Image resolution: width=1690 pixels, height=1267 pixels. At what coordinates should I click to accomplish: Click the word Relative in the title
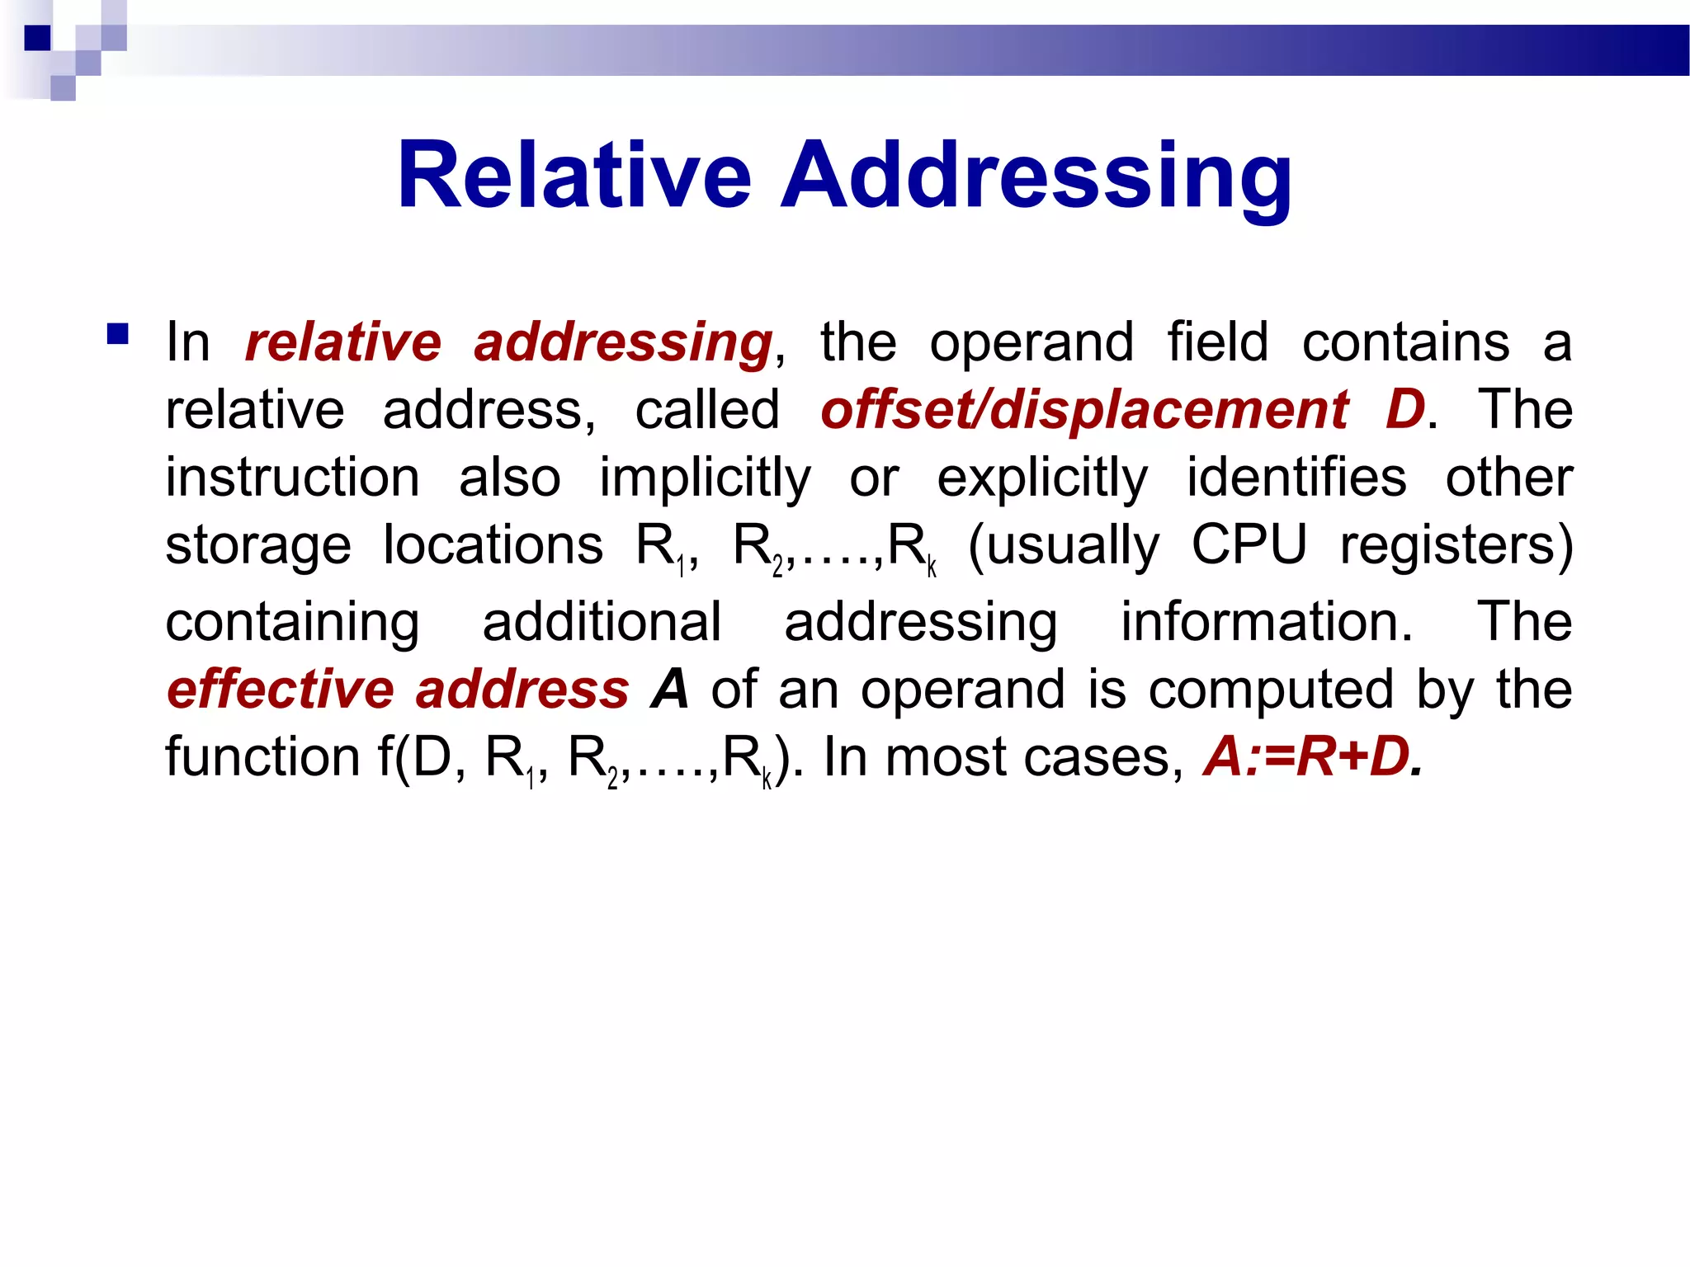point(574,176)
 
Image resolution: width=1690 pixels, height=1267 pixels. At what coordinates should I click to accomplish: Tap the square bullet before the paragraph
point(118,334)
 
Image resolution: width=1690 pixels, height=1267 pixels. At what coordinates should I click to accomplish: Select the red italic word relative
point(343,342)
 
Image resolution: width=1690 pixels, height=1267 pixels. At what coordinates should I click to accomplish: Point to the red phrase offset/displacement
point(1084,410)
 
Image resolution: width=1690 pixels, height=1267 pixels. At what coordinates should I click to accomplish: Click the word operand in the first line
point(1031,342)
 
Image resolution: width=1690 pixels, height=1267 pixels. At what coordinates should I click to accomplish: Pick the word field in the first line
point(1217,342)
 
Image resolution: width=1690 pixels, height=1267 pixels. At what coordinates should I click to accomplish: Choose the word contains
point(1405,342)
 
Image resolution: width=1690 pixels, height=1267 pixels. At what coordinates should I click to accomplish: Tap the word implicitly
point(705,478)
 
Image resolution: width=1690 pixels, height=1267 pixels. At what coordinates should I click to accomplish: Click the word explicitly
point(1042,478)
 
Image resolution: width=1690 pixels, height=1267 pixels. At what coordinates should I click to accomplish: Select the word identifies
point(1296,477)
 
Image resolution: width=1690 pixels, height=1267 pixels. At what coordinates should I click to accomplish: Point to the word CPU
point(1249,545)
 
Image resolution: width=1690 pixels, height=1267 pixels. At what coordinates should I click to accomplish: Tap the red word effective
point(281,690)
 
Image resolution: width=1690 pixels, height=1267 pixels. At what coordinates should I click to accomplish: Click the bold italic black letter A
point(670,690)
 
